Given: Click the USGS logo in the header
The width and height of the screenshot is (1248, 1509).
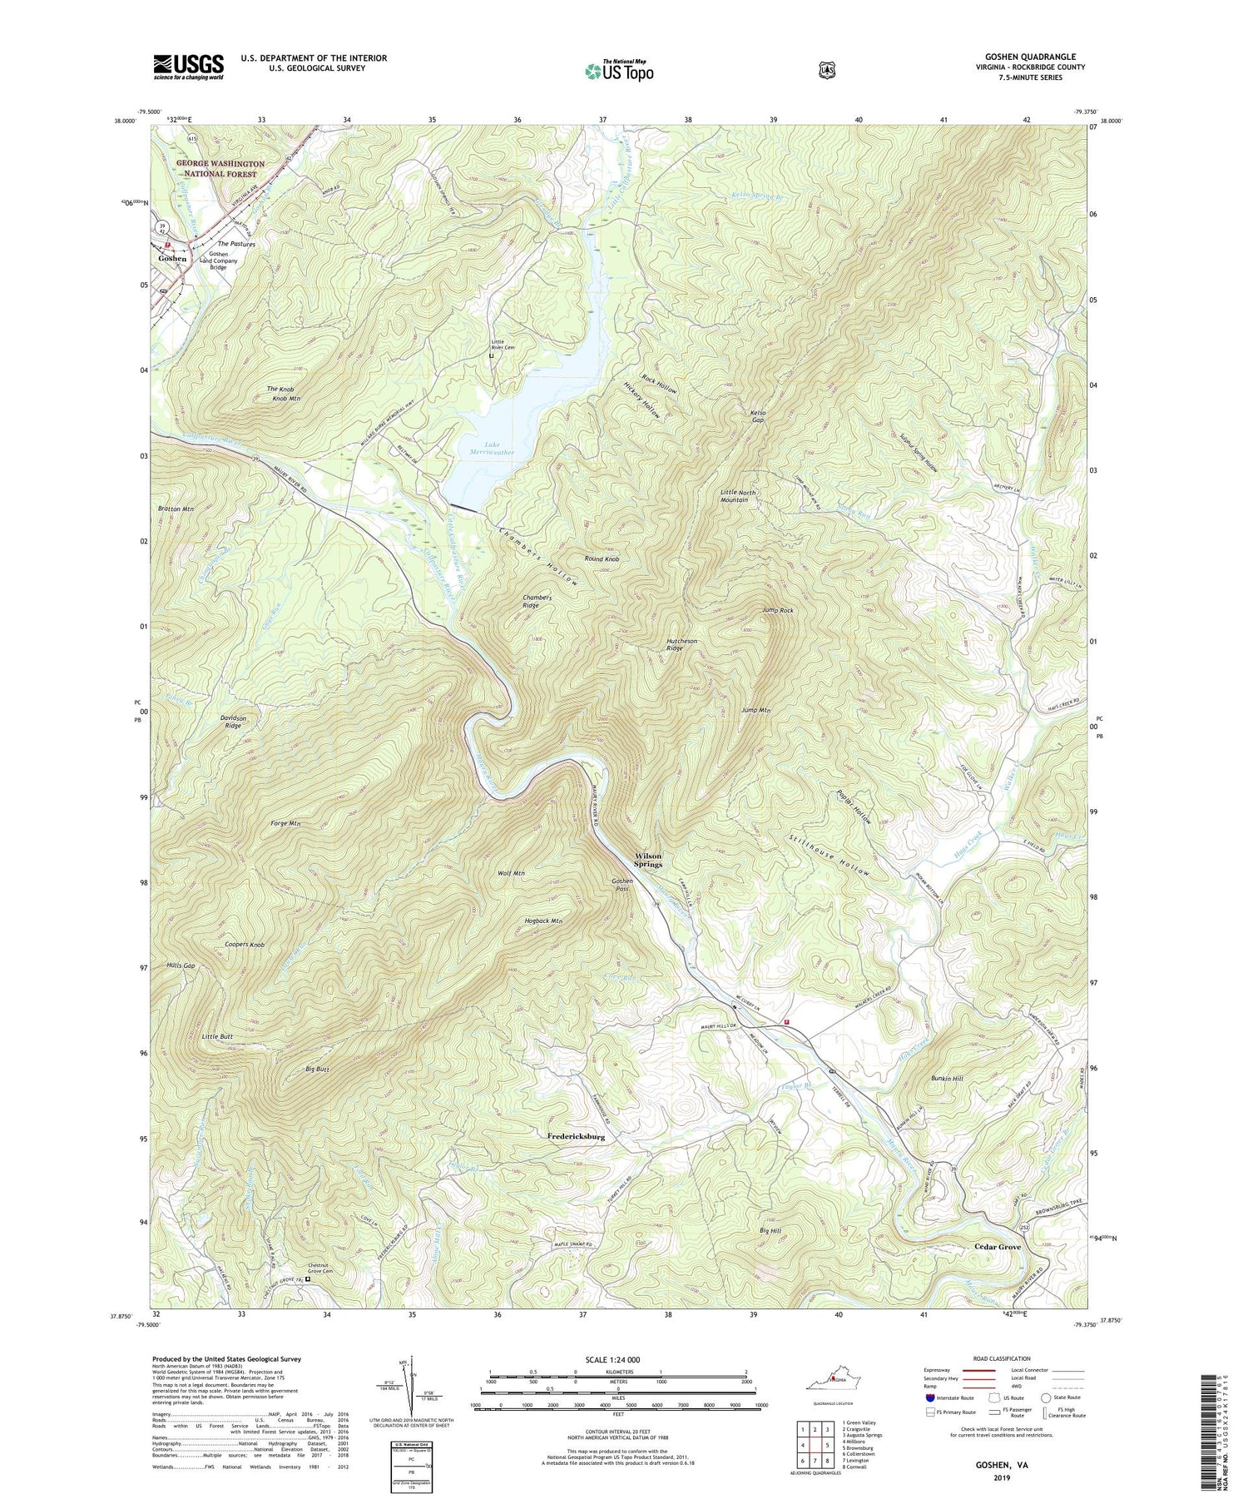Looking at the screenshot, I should point(188,67).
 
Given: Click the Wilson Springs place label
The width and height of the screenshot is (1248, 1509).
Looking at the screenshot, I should point(648,860).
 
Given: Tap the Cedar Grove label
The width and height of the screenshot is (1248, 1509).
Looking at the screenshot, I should point(998,1247).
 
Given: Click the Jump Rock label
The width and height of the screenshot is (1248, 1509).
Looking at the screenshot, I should point(777,611).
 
